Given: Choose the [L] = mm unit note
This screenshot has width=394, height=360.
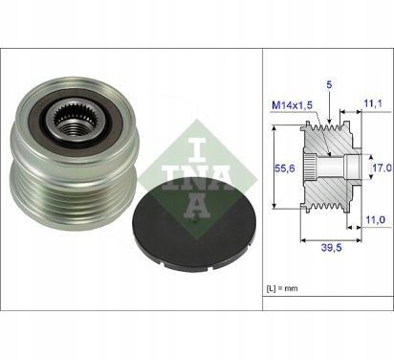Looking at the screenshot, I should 285,287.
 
